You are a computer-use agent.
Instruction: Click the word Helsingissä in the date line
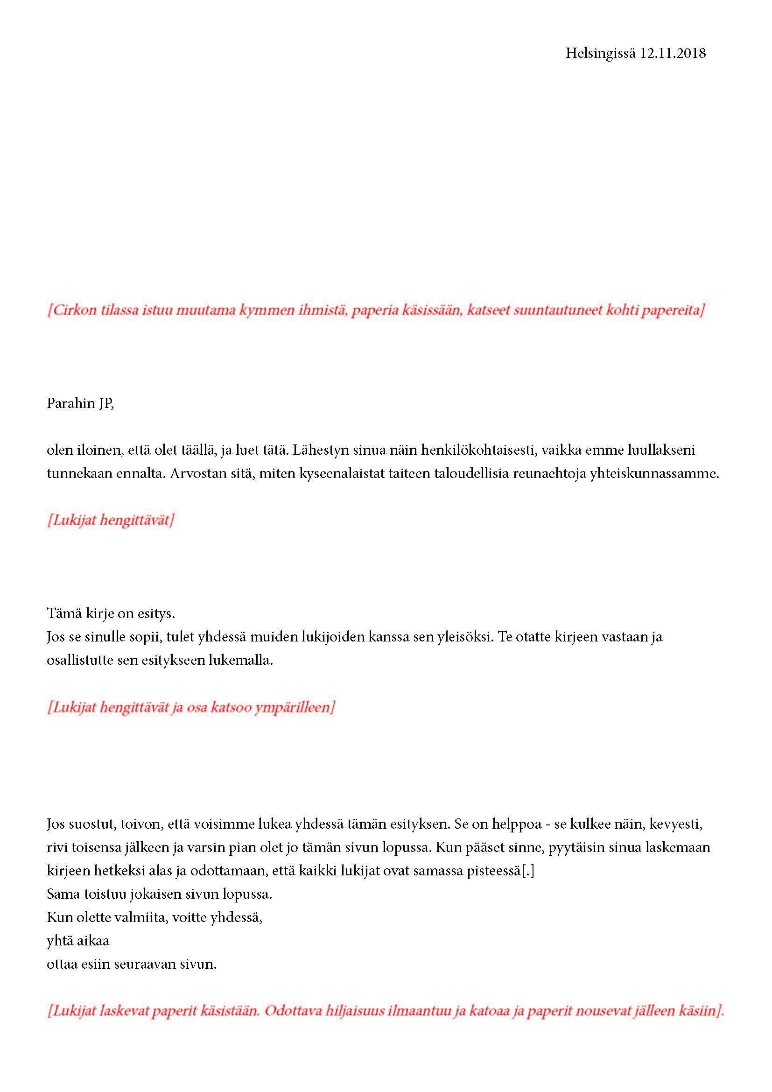tap(600, 53)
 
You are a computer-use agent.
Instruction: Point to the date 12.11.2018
tap(673, 53)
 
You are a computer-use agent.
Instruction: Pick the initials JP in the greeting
tap(106, 403)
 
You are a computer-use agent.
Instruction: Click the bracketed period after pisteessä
tap(528, 871)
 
